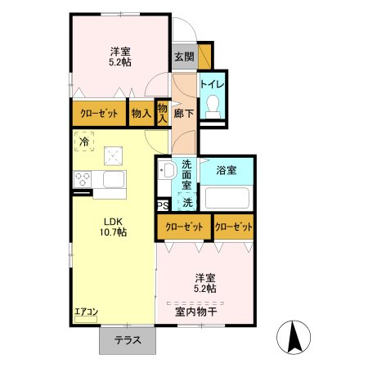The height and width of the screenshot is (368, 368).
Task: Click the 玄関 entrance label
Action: pyautogui.click(x=183, y=56)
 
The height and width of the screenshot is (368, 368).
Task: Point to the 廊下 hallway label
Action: pyautogui.click(x=184, y=114)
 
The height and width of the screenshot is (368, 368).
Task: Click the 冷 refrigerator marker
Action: pyautogui.click(x=85, y=141)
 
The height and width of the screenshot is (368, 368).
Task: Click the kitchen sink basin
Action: pyautogui.click(x=112, y=179)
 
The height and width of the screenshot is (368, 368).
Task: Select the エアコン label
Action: pyautogui.click(x=86, y=312)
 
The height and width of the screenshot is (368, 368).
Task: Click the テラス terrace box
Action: pyautogui.click(x=127, y=341)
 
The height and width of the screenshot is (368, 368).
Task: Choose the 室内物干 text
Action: pyautogui.click(x=195, y=311)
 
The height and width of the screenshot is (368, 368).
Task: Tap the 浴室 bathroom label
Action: pyautogui.click(x=227, y=171)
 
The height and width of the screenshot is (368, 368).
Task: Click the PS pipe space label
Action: pyautogui.click(x=162, y=205)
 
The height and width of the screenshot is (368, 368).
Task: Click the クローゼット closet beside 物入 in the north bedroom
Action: pyautogui.click(x=99, y=114)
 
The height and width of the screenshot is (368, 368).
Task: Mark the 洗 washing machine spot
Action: pyautogui.click(x=188, y=202)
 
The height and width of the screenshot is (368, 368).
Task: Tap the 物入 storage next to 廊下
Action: pyautogui.click(x=163, y=113)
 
